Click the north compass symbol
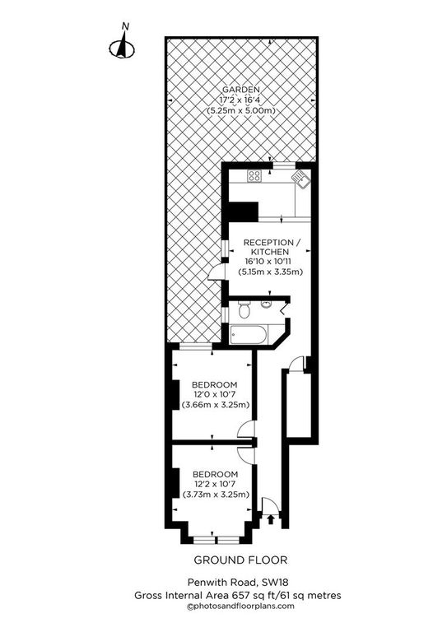pyautogui.click(x=122, y=45)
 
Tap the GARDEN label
pyautogui.click(x=241, y=90)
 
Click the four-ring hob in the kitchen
pyautogui.click(x=254, y=175)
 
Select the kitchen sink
pyautogui.click(x=301, y=178)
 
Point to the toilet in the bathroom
pyautogui.click(x=244, y=311)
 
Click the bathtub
pyautogui.click(x=249, y=335)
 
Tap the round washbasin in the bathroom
pyautogui.click(x=266, y=304)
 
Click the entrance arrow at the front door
pyautogui.click(x=271, y=519)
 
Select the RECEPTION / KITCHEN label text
pyautogui.click(x=272, y=247)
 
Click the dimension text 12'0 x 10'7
pyautogui.click(x=214, y=395)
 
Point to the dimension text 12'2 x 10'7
pyautogui.click(x=215, y=484)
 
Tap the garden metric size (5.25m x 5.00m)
pyautogui.click(x=241, y=110)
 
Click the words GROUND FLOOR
pyautogui.click(x=240, y=560)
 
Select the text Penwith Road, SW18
pyautogui.click(x=238, y=582)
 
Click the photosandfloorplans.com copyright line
pyautogui.click(x=240, y=606)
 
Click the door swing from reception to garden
pyautogui.click(x=216, y=272)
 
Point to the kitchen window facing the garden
pyautogui.click(x=284, y=165)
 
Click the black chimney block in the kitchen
pyautogui.click(x=243, y=211)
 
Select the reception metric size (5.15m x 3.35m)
pyautogui.click(x=271, y=272)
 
